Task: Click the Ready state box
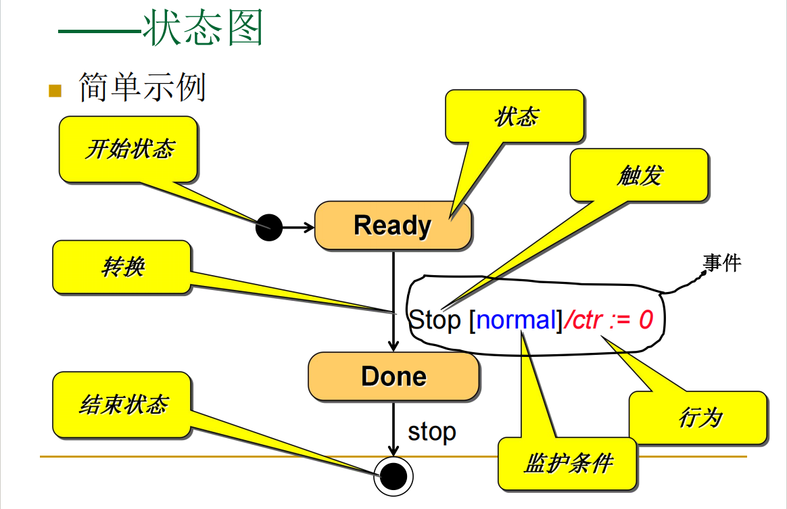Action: coord(393,226)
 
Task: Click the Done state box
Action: coord(393,377)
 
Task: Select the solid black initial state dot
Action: coord(268,226)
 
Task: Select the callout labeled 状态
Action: coord(515,117)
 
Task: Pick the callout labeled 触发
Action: coord(639,176)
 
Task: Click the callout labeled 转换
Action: coord(122,267)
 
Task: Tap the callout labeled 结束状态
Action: coord(122,405)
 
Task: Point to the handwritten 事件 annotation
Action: coord(721,262)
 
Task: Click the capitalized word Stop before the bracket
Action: coord(435,319)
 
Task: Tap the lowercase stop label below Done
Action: coord(432,431)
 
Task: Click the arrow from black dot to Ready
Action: coord(297,227)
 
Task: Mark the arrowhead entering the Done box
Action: coord(393,345)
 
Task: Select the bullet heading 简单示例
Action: coord(142,87)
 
